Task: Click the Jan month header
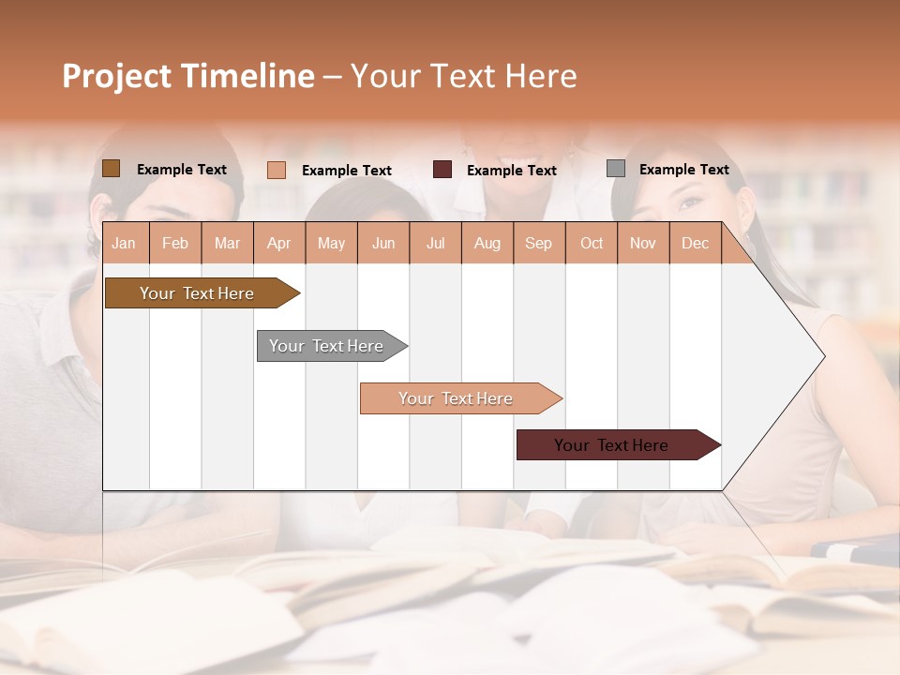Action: point(124,243)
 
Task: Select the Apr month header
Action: point(279,243)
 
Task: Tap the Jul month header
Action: point(436,243)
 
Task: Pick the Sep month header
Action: point(538,243)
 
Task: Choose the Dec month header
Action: point(695,243)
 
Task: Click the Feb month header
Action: point(175,243)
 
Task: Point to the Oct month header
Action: point(592,243)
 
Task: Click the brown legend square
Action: point(112,169)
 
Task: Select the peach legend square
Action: point(277,170)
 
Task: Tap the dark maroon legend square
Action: point(442,170)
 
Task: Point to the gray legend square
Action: point(616,169)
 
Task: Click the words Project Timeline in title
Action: point(188,76)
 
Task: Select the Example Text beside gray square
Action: point(683,169)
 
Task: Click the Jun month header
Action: point(383,243)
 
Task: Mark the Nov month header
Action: point(643,243)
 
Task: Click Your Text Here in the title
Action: point(463,76)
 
